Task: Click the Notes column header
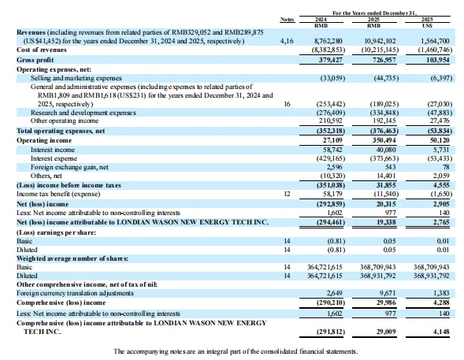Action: point(287,20)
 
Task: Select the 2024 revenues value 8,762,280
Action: point(328,41)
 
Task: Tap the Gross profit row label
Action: point(35,60)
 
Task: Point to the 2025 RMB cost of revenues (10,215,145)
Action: point(380,50)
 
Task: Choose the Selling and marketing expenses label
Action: point(76,78)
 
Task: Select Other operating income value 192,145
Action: point(384,121)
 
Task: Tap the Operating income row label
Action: point(44,140)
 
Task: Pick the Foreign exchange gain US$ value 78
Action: point(446,167)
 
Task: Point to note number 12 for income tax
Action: point(287,194)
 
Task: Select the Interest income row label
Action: point(53,150)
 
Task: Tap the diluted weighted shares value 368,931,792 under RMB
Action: point(377,276)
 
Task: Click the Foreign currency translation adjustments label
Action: point(75,293)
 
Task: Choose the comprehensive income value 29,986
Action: point(386,302)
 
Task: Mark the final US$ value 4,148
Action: point(441,332)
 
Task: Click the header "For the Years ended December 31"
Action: point(374,13)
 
